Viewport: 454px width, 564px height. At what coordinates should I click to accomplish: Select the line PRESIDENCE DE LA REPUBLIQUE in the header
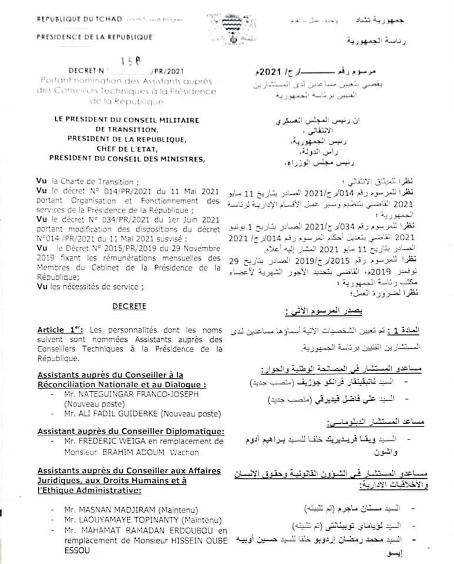pyautogui.click(x=95, y=37)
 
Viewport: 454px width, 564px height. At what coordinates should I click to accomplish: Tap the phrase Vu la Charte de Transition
pyautogui.click(x=87, y=182)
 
